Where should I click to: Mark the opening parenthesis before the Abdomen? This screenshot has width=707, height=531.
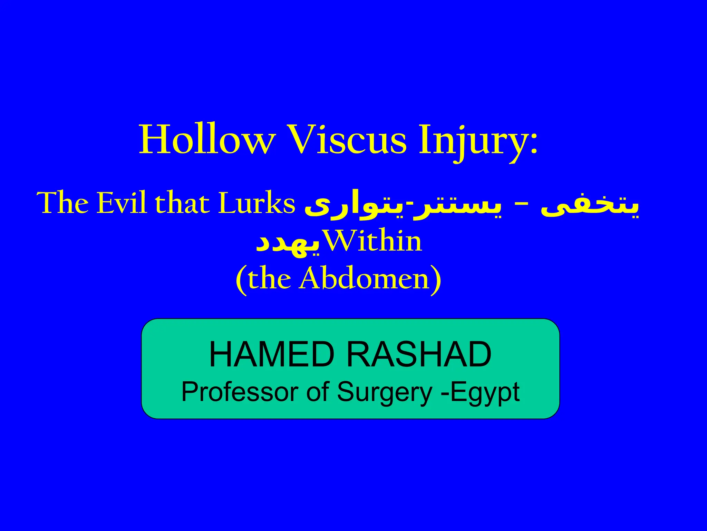(x=242, y=280)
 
